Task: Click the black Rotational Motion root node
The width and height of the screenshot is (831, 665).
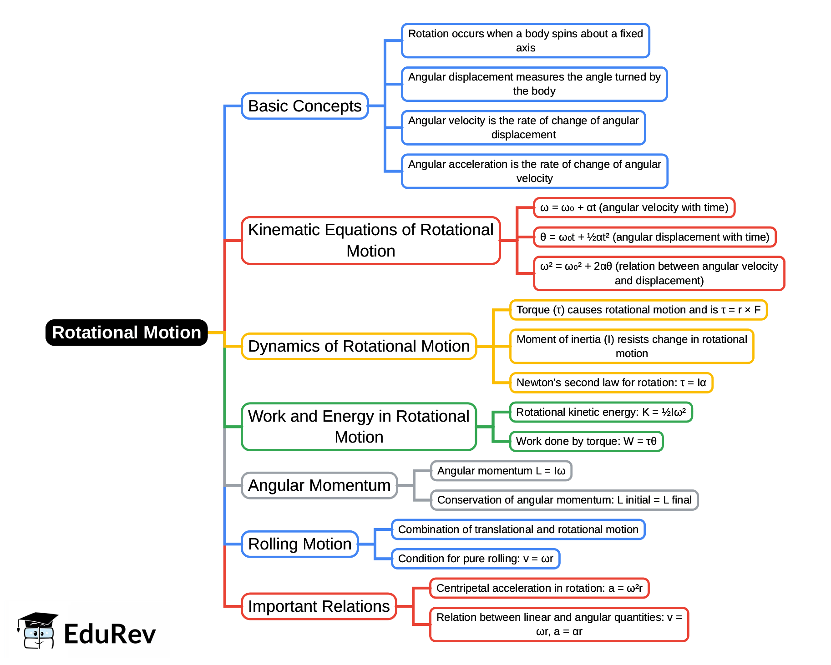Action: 127,332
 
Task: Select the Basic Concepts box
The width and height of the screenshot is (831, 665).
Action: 304,106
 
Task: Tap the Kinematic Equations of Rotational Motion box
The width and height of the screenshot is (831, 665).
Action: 370,240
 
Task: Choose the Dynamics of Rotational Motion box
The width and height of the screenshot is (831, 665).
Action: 359,346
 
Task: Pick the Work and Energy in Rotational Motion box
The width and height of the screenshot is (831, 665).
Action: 359,427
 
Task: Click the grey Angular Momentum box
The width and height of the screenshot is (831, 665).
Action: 319,485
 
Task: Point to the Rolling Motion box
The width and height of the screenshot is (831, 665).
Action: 299,544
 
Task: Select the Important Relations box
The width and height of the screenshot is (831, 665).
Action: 319,606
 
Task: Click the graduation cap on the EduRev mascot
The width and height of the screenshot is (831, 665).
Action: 38,619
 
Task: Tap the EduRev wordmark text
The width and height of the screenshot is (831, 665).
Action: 110,634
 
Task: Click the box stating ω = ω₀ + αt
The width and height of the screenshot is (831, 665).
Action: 634,208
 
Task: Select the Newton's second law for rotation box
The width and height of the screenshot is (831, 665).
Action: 611,383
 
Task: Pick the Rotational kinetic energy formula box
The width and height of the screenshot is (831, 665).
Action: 601,412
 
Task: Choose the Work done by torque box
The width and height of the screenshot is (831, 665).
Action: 586,441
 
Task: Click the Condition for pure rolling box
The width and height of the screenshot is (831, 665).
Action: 476,559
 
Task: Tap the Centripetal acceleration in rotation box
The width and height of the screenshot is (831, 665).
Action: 539,588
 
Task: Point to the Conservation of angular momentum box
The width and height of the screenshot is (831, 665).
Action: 564,500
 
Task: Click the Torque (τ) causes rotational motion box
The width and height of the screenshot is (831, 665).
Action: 638,310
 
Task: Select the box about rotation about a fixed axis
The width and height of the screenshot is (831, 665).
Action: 525,40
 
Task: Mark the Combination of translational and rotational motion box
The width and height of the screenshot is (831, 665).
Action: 518,529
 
